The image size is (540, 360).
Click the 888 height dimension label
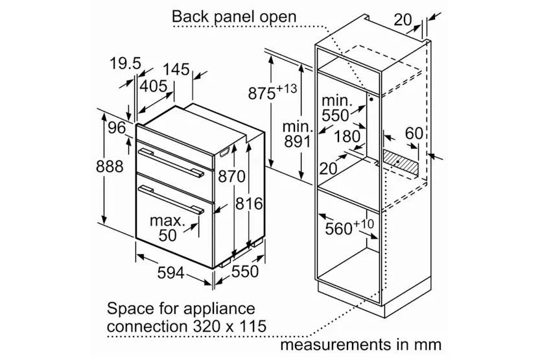(x=110, y=167)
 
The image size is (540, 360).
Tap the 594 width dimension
(x=171, y=274)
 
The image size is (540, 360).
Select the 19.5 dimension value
(x=125, y=64)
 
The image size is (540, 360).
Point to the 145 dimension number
(x=176, y=69)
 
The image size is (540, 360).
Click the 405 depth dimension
(x=153, y=86)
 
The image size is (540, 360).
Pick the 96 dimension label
(x=117, y=128)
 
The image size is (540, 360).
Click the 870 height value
(x=232, y=177)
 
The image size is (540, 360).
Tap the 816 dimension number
(x=249, y=204)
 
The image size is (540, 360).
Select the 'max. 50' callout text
(x=167, y=228)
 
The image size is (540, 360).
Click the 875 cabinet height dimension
(x=272, y=91)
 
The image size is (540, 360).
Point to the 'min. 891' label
(x=298, y=134)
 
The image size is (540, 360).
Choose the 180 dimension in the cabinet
(x=347, y=136)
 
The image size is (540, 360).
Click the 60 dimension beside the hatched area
(x=414, y=134)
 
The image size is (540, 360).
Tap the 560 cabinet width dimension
(x=349, y=227)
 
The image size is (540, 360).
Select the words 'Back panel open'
(x=234, y=16)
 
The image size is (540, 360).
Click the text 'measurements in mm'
(x=361, y=344)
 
